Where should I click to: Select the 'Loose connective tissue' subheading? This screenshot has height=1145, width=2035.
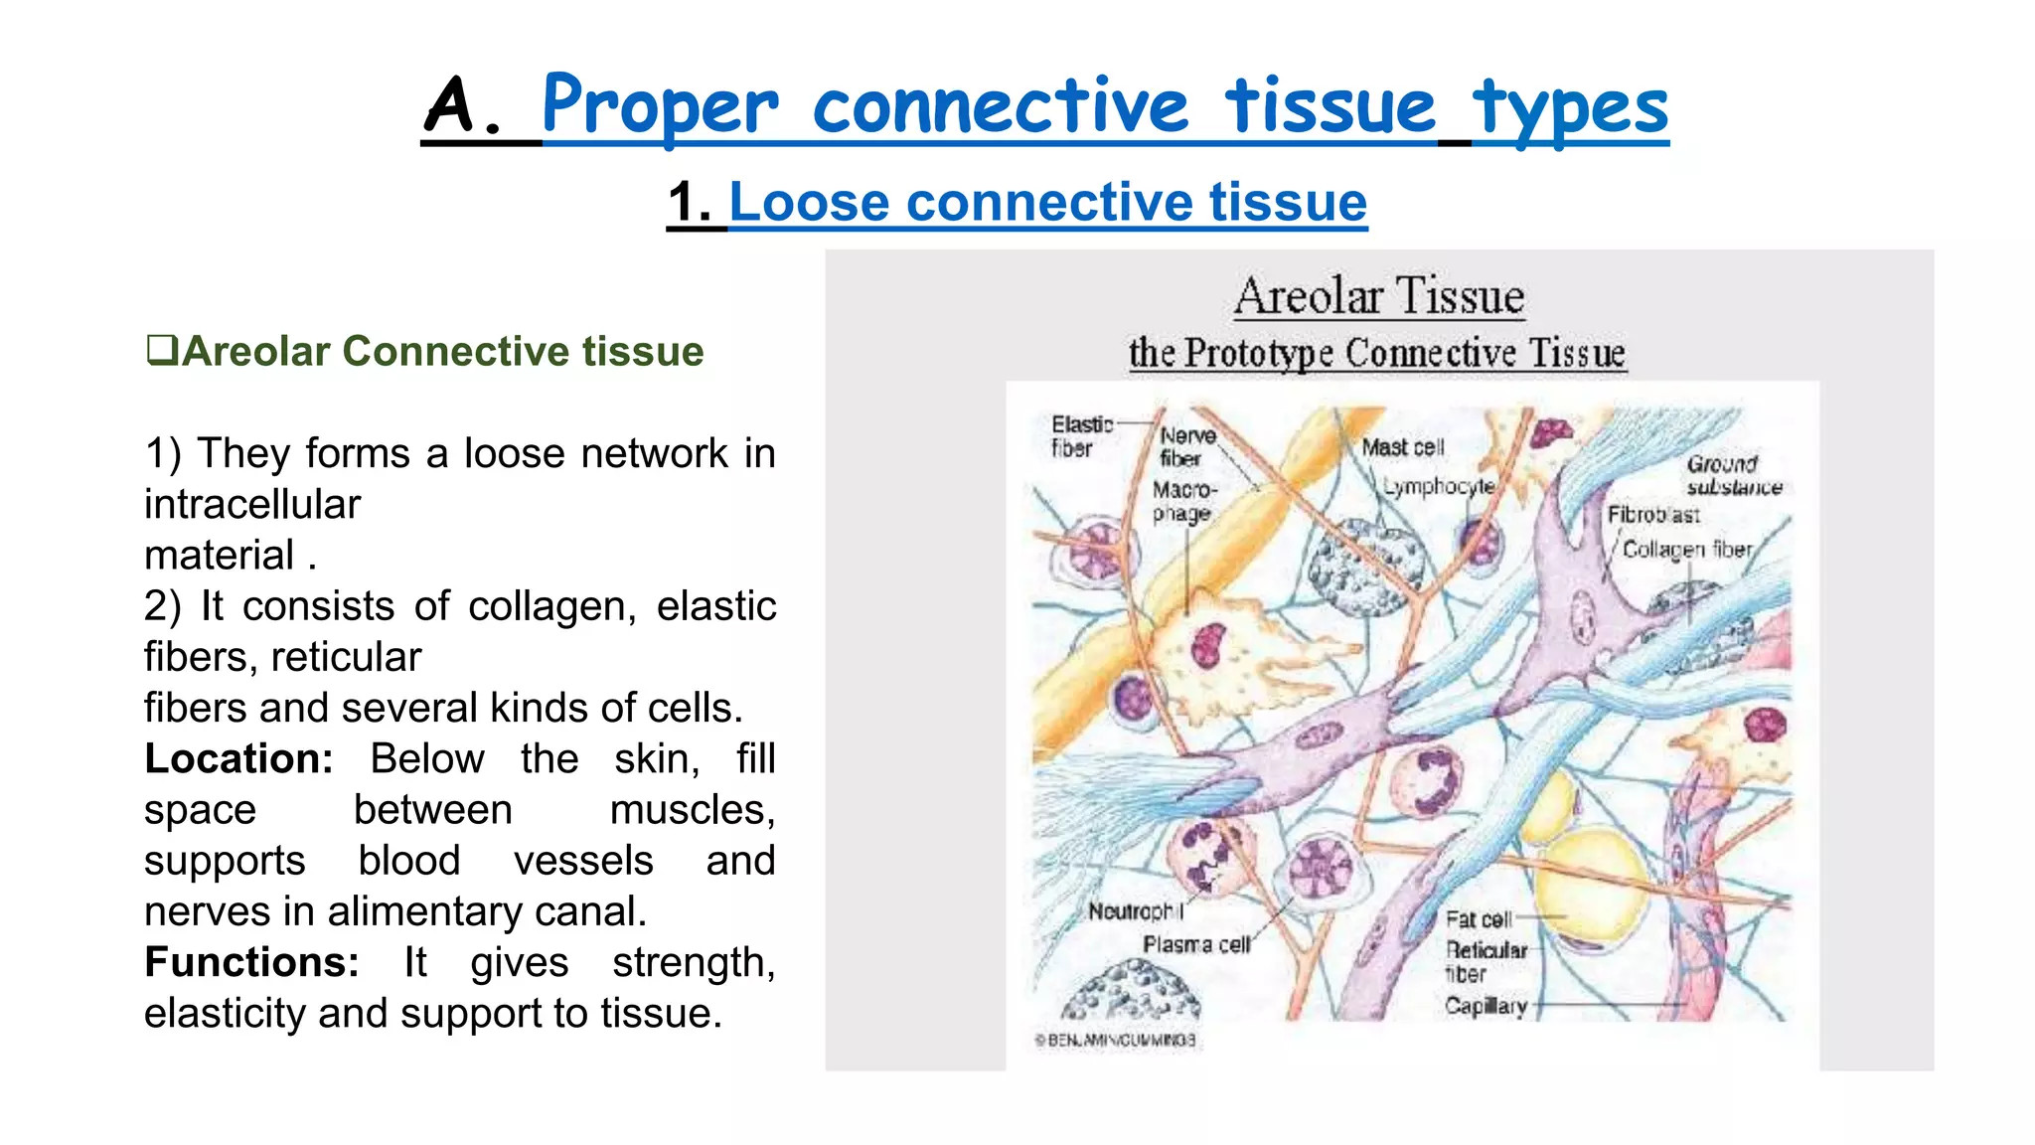1047,202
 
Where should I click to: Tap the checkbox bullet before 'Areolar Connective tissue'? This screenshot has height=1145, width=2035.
161,350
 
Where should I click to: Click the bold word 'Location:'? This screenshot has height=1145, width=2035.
238,758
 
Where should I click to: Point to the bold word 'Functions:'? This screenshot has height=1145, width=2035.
251,962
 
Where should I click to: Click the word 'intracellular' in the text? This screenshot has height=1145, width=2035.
252,504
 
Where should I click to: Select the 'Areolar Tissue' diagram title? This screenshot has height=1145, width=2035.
1379,296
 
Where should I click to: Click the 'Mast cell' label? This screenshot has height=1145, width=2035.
1402,447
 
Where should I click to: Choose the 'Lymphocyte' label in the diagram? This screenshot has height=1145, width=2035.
1440,486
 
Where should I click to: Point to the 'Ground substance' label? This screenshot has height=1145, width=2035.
1733,475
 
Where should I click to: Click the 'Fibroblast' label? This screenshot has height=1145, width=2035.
1653,515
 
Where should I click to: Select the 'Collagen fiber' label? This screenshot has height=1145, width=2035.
1687,549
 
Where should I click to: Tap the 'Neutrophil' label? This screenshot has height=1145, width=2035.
1135,910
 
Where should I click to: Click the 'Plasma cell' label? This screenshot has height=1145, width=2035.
1195,944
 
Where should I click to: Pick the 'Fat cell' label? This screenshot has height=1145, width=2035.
1478,919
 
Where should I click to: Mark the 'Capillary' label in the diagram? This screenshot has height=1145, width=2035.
1486,1006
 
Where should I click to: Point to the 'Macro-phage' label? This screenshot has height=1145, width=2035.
1182,501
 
